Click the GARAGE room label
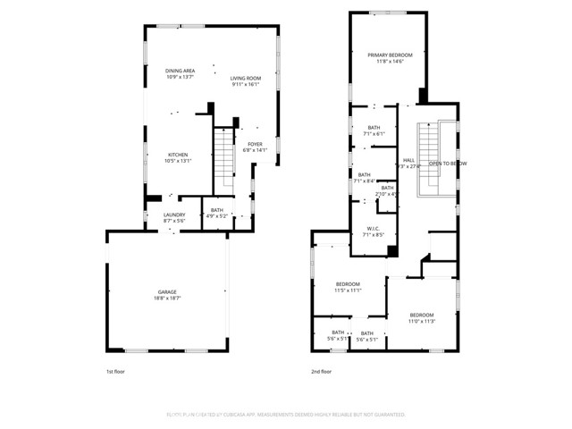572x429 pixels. pyautogui.click(x=167, y=292)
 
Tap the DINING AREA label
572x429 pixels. pyautogui.click(x=180, y=71)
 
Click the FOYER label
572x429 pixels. pyautogui.click(x=255, y=144)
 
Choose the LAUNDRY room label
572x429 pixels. pyautogui.click(x=173, y=214)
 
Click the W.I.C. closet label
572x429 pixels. pyautogui.click(x=373, y=229)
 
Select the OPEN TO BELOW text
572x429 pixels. pyautogui.click(x=448, y=164)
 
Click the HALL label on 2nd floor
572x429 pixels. pyautogui.click(x=408, y=160)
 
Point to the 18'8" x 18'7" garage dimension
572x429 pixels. pyautogui.click(x=167, y=299)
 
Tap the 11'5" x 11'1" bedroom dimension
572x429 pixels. pyautogui.click(x=347, y=290)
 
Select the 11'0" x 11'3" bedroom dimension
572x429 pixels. pyautogui.click(x=422, y=321)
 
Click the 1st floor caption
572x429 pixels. pyautogui.click(x=115, y=372)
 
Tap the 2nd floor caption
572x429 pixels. pyautogui.click(x=321, y=372)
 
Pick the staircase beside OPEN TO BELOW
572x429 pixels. pyautogui.click(x=429, y=163)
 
